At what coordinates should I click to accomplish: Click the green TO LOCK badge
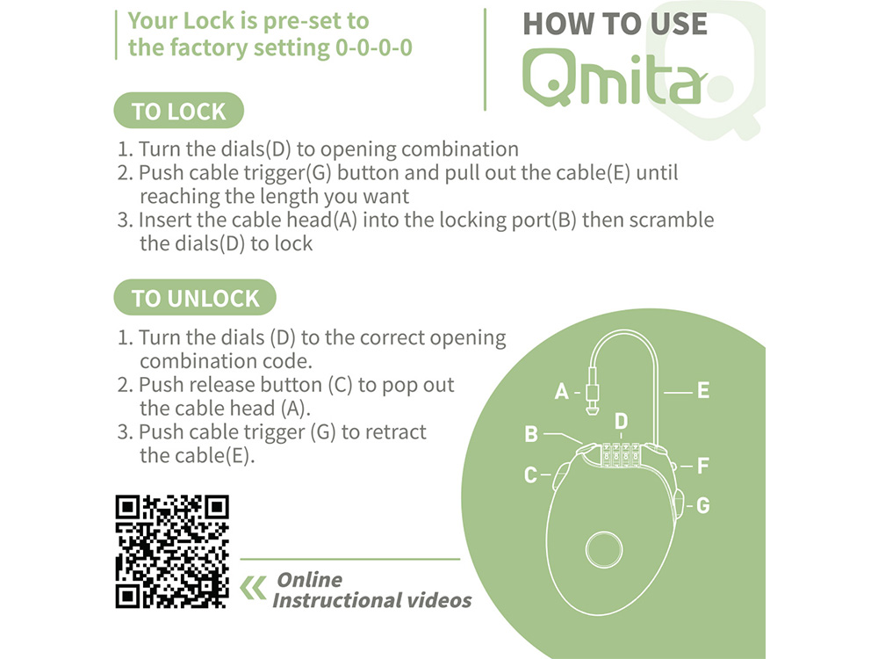point(178,111)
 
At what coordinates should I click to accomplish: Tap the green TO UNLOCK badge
point(195,298)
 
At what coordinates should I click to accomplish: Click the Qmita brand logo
point(613,77)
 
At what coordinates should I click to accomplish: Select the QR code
point(172,552)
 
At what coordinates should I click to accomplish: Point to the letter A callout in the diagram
point(561,391)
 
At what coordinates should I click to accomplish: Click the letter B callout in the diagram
point(531,434)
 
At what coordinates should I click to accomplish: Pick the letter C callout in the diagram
point(530,475)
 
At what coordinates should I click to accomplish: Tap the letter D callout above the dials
point(621,421)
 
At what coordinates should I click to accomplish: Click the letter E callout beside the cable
point(703,391)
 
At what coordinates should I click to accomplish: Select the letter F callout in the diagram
point(702,466)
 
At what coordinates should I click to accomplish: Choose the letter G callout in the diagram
point(702,505)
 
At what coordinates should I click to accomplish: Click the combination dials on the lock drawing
point(621,455)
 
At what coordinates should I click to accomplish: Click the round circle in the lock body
point(604,549)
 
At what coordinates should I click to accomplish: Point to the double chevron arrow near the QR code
point(253,588)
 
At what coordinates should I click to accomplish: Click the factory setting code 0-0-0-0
point(373,47)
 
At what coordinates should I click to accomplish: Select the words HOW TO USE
point(615,24)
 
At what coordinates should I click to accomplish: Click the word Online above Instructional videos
point(309,579)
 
